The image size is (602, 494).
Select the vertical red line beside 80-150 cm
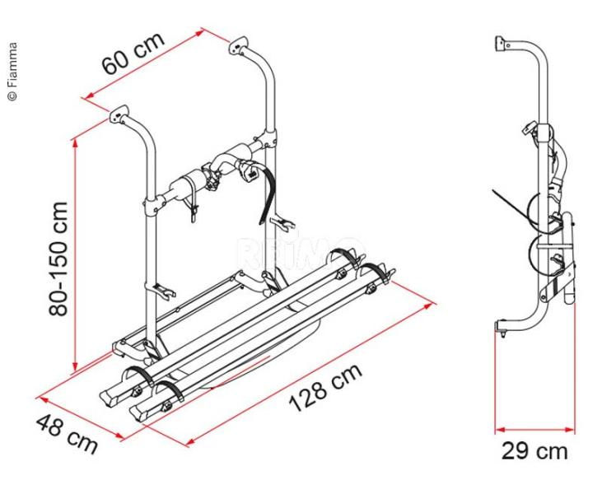[75, 255]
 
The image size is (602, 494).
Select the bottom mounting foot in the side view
[499, 329]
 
